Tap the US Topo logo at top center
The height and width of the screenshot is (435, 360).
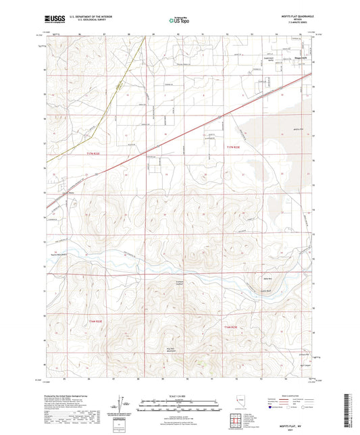[x=180, y=20]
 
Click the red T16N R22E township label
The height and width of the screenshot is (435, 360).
[x=95, y=321]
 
